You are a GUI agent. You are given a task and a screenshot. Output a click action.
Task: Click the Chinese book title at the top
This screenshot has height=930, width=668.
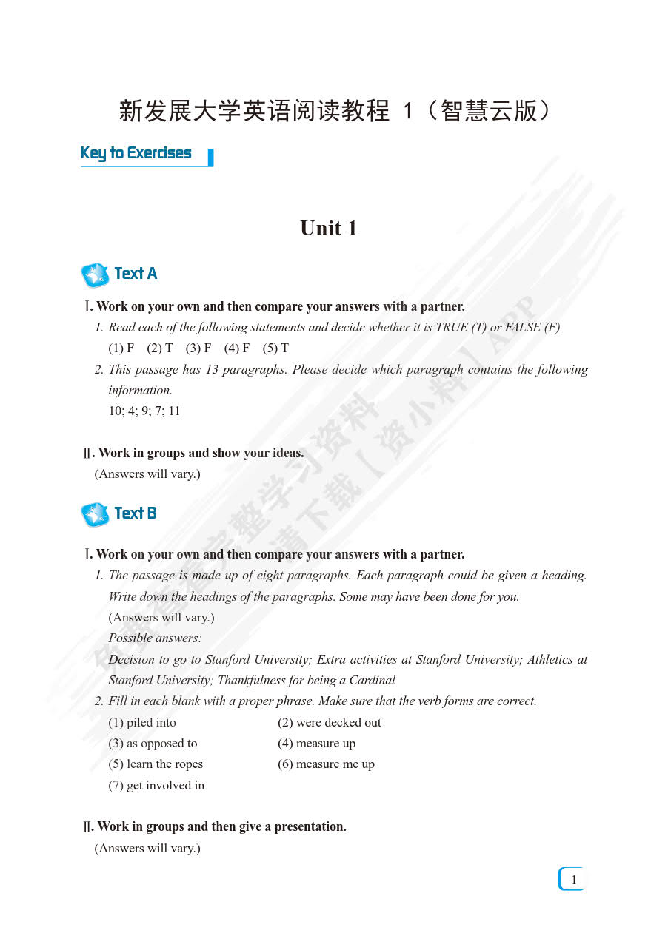[x=334, y=112]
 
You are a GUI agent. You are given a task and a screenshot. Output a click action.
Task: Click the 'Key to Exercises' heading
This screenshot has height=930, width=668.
[x=136, y=153]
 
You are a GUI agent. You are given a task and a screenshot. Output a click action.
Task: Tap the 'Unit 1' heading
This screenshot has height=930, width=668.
[x=329, y=228]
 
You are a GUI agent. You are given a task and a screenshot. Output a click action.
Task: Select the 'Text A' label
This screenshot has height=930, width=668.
[x=136, y=274]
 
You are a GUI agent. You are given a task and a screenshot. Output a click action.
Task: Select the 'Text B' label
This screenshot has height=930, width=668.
[x=136, y=513]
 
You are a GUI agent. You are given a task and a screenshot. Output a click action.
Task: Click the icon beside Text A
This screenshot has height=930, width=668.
[x=94, y=275]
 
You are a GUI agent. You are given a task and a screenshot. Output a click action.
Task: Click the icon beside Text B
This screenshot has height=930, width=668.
[x=94, y=514]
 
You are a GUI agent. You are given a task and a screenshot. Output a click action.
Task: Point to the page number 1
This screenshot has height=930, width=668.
[x=573, y=880]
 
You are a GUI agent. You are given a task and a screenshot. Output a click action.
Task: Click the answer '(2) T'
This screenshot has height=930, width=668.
[x=159, y=348]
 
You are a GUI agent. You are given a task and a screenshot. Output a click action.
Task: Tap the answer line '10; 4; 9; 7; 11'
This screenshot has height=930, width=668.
[x=144, y=411]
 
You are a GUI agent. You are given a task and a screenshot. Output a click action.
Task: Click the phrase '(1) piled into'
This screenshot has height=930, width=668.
[x=142, y=723]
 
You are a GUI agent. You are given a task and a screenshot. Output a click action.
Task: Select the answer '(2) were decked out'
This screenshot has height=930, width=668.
[x=330, y=723]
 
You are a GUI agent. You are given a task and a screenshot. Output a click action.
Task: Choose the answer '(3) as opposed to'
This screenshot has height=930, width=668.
[x=153, y=744]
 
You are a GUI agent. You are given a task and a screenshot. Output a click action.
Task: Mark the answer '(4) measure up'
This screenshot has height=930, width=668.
[x=317, y=744]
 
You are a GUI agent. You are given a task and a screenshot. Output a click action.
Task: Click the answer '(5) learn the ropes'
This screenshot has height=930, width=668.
[x=156, y=764]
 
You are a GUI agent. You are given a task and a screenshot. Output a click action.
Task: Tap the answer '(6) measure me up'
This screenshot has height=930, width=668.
[x=327, y=764]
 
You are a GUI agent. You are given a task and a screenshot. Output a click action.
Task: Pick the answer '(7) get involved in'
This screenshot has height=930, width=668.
[x=156, y=786]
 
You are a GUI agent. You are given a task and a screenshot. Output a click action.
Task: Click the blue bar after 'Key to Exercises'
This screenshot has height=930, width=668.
[x=211, y=157]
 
